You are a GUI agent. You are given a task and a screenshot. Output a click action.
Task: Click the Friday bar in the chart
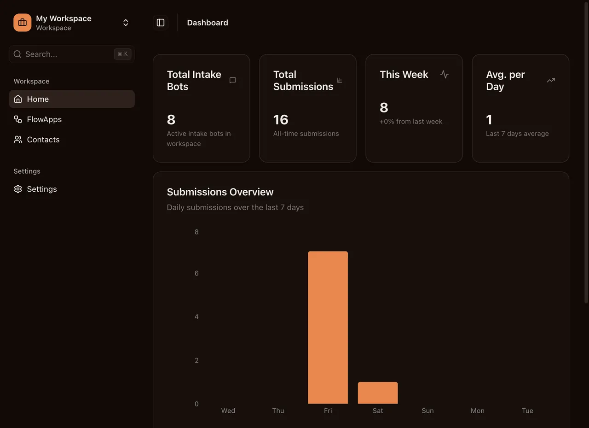(328, 327)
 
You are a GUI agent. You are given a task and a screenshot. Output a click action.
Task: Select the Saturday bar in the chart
(377, 393)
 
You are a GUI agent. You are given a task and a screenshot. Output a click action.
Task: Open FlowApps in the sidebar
(44, 119)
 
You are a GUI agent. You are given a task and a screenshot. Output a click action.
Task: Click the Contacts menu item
(43, 140)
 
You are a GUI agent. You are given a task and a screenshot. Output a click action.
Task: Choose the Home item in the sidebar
(38, 99)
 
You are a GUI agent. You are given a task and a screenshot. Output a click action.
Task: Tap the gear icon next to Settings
(18, 189)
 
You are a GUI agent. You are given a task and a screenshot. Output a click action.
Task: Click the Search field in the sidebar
(64, 54)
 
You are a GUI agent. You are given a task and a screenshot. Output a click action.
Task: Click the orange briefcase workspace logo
(22, 23)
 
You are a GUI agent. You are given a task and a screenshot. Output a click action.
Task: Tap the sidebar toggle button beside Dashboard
(161, 23)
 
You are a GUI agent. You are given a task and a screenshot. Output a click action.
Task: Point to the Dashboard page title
(207, 23)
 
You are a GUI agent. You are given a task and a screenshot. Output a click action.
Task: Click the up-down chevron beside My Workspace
(126, 23)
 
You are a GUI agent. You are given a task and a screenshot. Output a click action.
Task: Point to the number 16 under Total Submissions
(281, 120)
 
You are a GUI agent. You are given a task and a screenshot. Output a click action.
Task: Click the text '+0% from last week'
(411, 122)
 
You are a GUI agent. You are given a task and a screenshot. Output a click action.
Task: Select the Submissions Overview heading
(220, 192)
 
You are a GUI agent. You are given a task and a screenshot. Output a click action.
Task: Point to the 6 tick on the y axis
(196, 273)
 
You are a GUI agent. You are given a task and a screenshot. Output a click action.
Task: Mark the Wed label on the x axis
(228, 410)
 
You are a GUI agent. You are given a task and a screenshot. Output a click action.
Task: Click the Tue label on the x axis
(527, 410)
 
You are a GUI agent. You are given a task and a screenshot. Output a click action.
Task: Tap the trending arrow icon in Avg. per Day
(551, 80)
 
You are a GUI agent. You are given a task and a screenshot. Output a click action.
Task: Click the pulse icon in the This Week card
(444, 74)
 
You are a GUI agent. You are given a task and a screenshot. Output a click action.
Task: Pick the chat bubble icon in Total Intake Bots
(233, 80)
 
